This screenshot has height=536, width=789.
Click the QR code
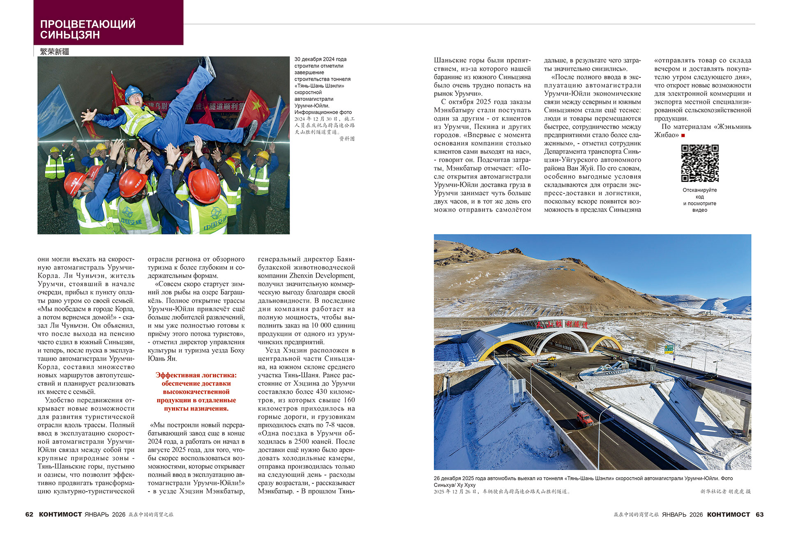click(x=699, y=163)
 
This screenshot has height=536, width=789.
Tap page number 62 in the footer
click(x=29, y=515)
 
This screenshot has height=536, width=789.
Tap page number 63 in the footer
click(x=759, y=515)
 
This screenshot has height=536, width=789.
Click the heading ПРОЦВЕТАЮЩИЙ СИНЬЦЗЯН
click(x=88, y=29)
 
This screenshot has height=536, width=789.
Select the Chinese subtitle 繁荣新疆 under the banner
click(x=55, y=51)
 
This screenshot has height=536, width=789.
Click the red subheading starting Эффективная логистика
click(x=196, y=392)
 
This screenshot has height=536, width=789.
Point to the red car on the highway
click(x=584, y=418)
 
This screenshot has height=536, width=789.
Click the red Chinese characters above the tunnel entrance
click(x=562, y=324)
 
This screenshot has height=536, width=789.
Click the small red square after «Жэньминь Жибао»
click(x=683, y=135)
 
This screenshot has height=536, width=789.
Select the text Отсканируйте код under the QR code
click(x=699, y=193)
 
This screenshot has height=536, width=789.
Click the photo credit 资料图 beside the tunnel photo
click(x=346, y=139)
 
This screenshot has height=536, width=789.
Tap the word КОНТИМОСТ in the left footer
click(x=60, y=515)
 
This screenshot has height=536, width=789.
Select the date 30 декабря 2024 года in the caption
click(x=320, y=59)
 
